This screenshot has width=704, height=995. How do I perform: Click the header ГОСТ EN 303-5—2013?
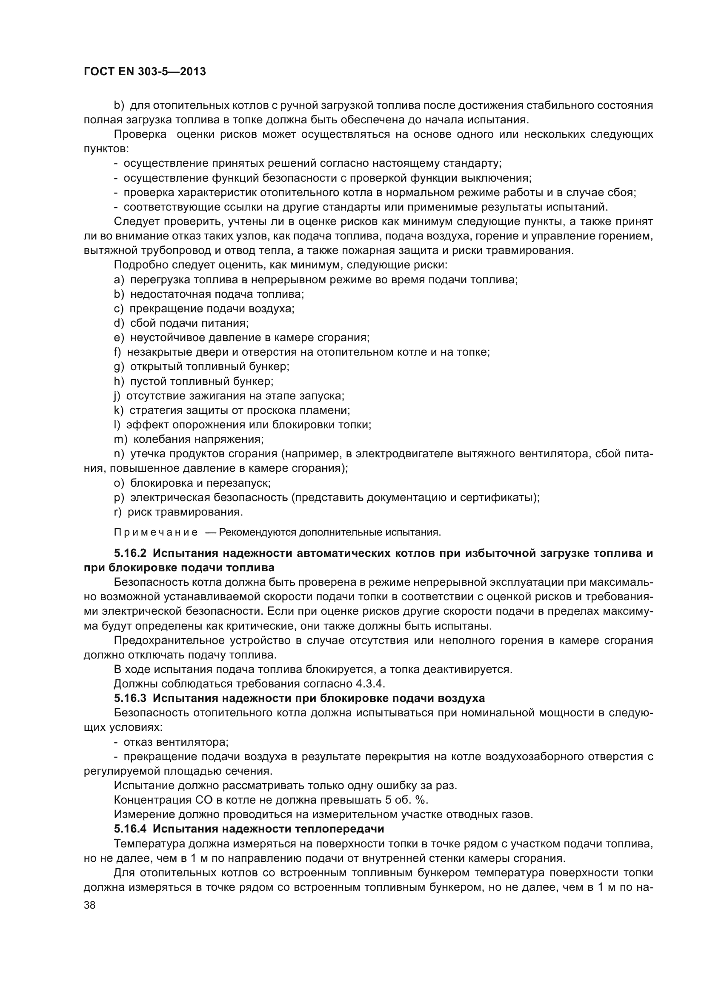[x=144, y=72]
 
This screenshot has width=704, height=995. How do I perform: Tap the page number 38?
[x=90, y=905]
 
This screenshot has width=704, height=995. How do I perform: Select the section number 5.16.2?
[x=130, y=553]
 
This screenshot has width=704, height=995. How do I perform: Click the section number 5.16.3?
[x=130, y=698]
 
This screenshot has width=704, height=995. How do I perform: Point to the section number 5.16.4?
[x=130, y=829]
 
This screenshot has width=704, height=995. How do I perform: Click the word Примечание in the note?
[x=156, y=532]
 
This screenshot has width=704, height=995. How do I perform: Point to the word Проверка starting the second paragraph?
[x=140, y=134]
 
